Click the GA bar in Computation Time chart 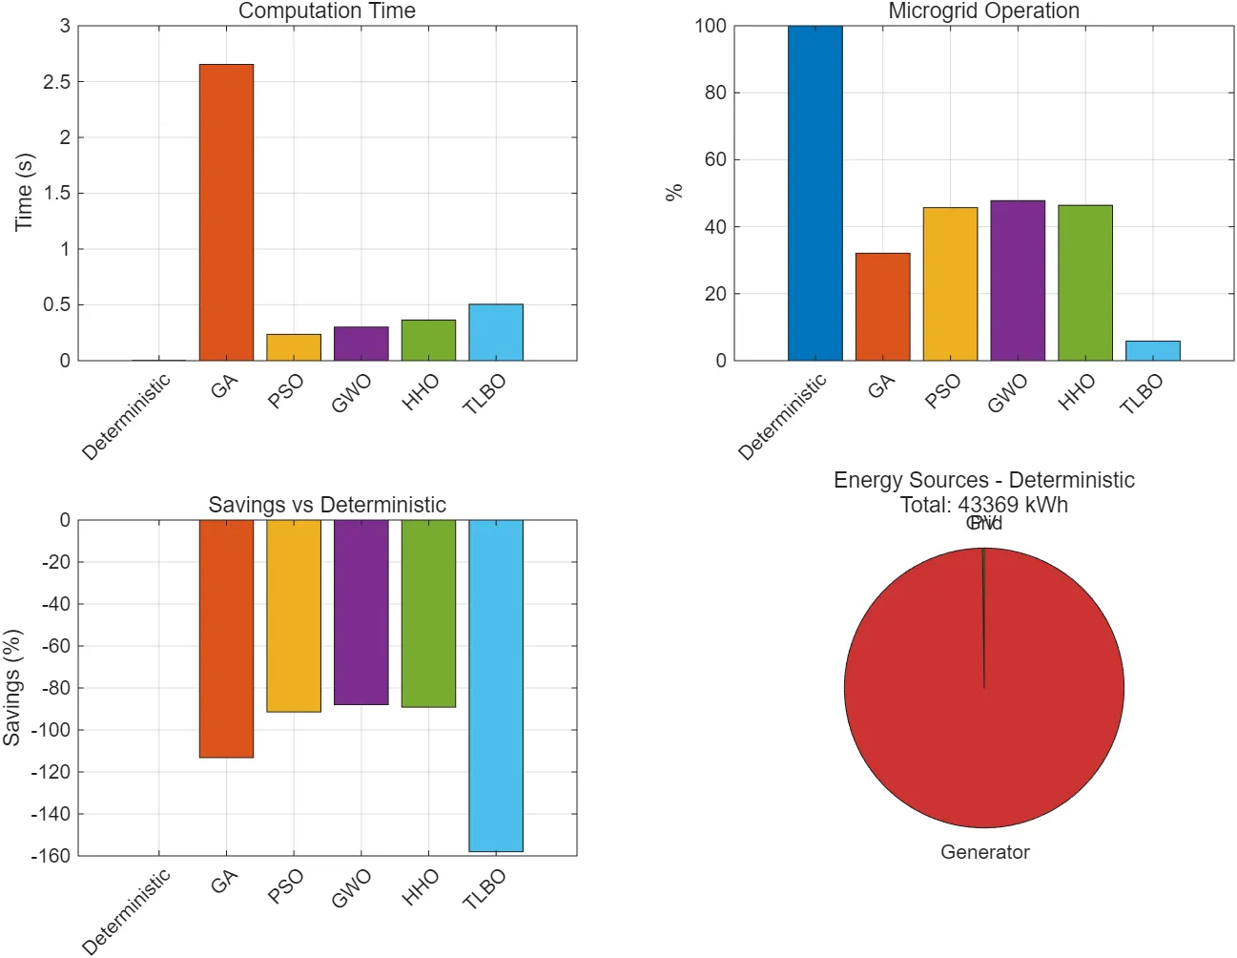click(x=226, y=212)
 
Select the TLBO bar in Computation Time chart click(x=496, y=332)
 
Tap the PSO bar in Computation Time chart click(x=294, y=347)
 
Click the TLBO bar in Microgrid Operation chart click(x=1153, y=350)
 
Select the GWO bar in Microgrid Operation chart click(x=1018, y=281)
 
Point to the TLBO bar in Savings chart click(x=496, y=685)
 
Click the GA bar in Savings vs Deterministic click(x=226, y=638)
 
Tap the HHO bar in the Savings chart click(x=428, y=614)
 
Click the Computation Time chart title click(x=327, y=11)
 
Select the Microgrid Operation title click(x=983, y=11)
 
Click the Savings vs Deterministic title click(x=327, y=505)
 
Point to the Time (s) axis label click(x=24, y=192)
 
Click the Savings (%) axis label click(x=11, y=687)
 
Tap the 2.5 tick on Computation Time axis click(x=57, y=82)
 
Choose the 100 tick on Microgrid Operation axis click(x=711, y=26)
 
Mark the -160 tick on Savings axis click(x=51, y=856)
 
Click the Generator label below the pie click(x=984, y=852)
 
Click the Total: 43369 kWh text click(x=984, y=505)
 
